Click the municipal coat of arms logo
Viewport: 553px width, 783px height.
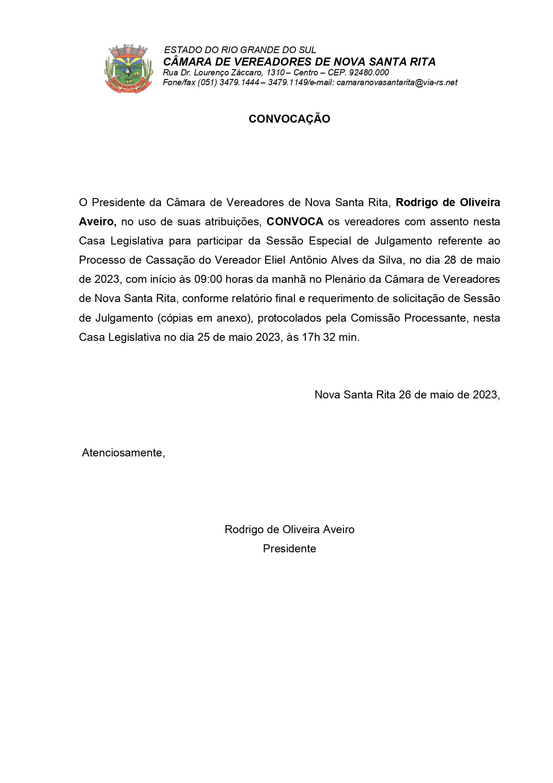coord(128,68)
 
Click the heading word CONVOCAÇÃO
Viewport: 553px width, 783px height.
coord(289,119)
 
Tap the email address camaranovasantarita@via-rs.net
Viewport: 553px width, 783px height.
coord(397,83)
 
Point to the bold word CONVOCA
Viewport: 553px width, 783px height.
coord(295,222)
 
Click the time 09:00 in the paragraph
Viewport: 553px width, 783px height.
coord(208,279)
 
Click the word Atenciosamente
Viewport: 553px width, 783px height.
coord(123,453)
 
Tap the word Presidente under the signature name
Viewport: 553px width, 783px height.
coord(289,549)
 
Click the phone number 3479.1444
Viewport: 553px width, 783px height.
coord(239,83)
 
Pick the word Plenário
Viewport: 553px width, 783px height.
coord(344,279)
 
